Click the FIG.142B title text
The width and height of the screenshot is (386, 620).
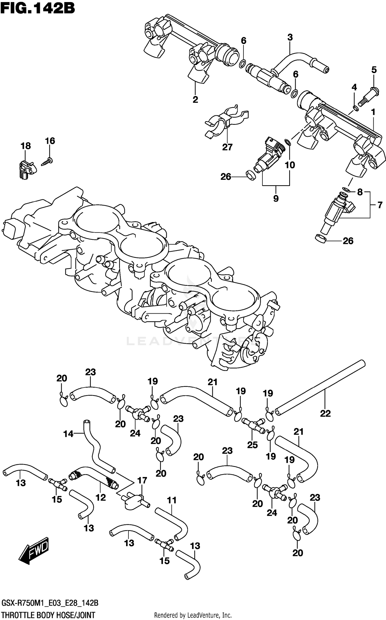[38, 8]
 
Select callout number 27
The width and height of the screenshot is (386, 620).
[227, 147]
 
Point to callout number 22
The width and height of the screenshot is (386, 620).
[325, 413]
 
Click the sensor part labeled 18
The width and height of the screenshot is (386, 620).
[27, 169]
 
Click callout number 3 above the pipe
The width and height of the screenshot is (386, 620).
[290, 38]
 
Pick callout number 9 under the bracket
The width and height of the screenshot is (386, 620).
[276, 198]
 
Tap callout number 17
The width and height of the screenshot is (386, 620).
[142, 480]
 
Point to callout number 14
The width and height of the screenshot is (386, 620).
[68, 434]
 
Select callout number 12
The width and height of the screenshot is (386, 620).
[101, 497]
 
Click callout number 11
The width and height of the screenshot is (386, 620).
[172, 500]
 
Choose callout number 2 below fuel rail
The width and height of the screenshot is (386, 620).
[195, 100]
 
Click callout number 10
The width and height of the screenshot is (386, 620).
[290, 165]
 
